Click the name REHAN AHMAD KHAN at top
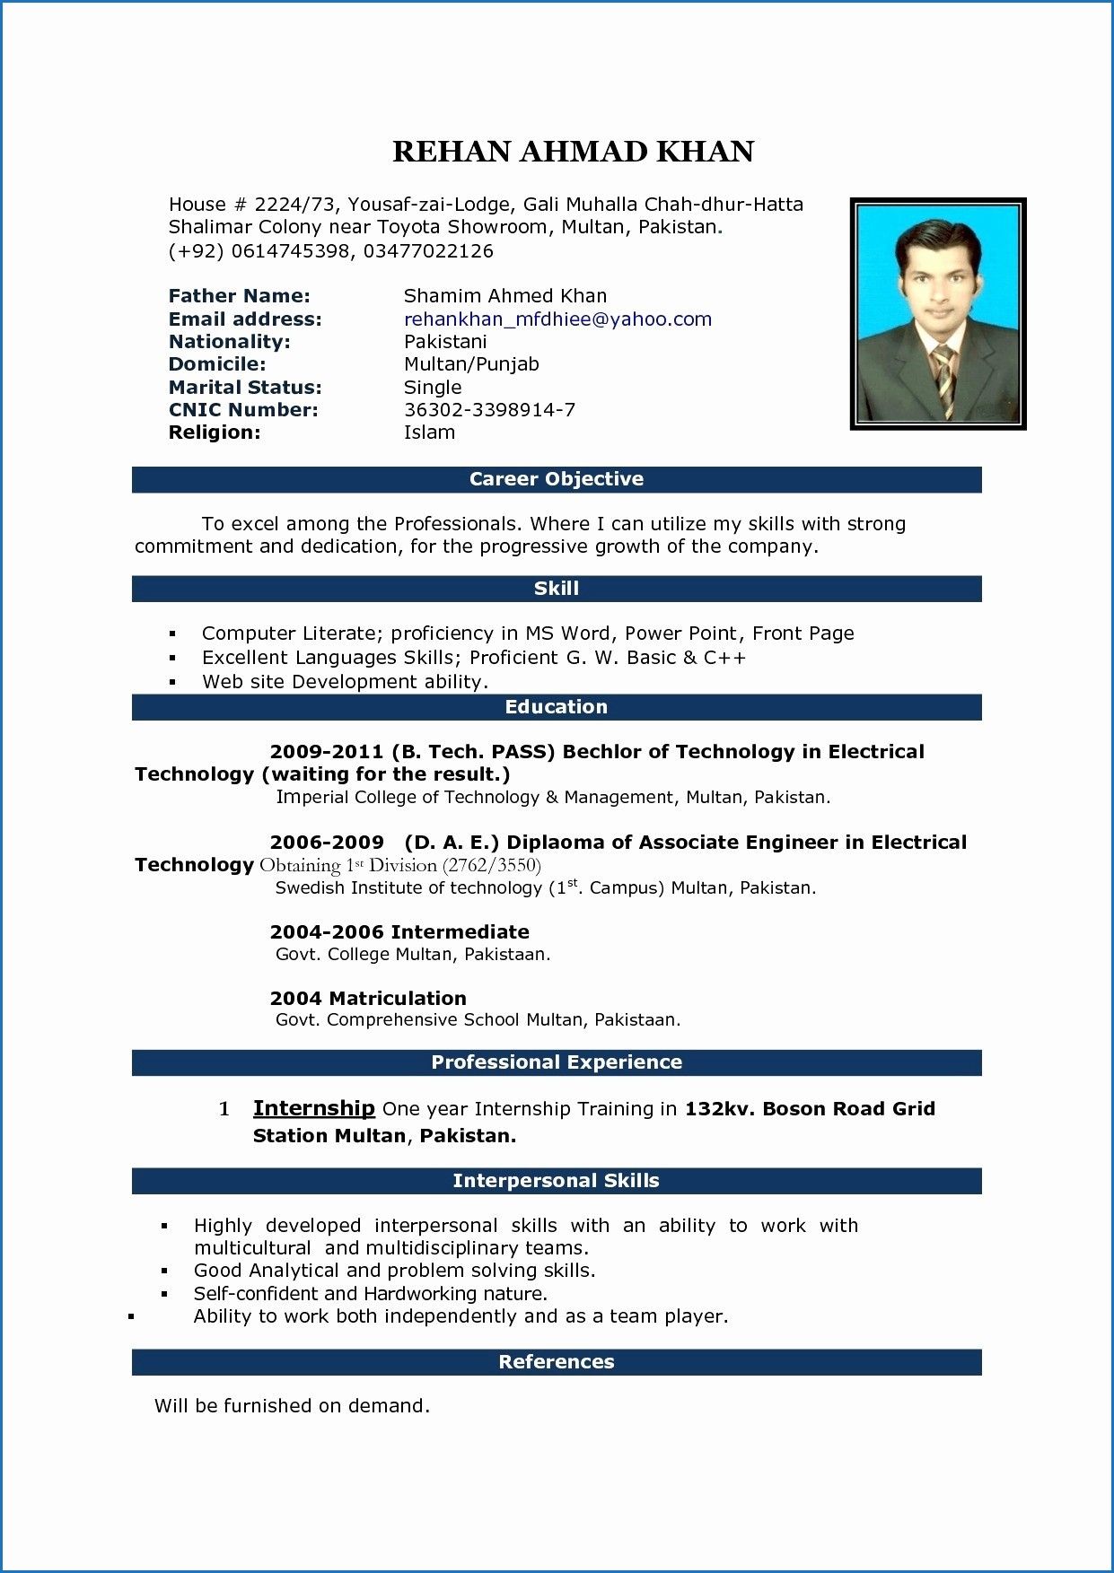(573, 152)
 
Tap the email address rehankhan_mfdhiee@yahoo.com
(557, 319)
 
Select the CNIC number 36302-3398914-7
(489, 410)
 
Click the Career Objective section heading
(556, 479)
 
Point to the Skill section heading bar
(556, 589)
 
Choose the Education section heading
(556, 707)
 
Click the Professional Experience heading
(556, 1062)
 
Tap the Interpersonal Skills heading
(556, 1181)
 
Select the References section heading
(556, 1362)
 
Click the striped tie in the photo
(944, 381)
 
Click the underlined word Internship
(313, 1108)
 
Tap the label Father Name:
(239, 296)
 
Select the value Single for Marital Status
(433, 388)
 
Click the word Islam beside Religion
(429, 433)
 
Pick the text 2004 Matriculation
(368, 999)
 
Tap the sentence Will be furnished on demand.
(292, 1406)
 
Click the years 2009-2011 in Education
(327, 752)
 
